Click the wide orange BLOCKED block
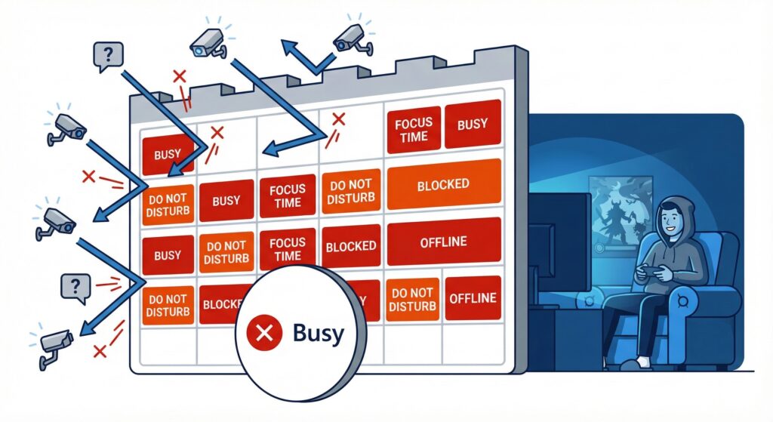click(x=443, y=184)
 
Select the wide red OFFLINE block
click(x=443, y=242)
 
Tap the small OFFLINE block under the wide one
click(x=472, y=297)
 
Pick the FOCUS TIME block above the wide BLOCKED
click(x=414, y=131)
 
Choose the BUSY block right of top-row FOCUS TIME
click(x=473, y=125)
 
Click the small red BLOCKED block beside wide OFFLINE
click(x=350, y=247)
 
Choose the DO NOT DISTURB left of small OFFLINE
click(x=412, y=300)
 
